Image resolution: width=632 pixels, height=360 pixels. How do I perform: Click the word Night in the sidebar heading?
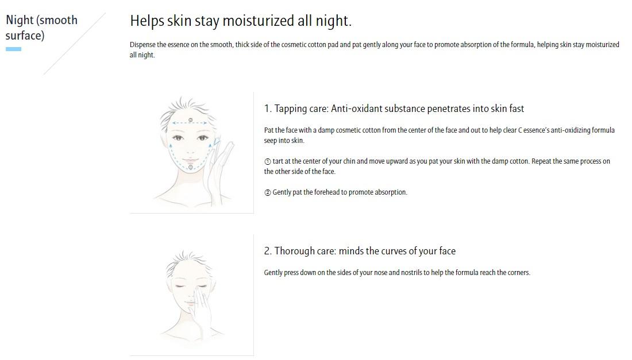20,20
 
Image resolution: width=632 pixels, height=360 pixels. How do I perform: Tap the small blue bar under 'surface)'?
13,49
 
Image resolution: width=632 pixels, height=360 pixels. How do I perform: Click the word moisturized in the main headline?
258,21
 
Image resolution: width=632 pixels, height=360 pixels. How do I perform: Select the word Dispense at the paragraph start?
142,45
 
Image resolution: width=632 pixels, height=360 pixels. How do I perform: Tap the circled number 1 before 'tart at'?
268,161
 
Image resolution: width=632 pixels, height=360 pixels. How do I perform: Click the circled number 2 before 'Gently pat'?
268,192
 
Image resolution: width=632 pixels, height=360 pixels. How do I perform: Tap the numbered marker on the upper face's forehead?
191,120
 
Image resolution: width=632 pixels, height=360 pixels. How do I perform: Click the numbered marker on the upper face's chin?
191,167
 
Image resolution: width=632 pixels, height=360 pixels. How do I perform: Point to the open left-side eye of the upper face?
178,138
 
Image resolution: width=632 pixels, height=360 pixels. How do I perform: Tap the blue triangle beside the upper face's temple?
217,141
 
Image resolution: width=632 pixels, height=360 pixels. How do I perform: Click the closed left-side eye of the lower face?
179,287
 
